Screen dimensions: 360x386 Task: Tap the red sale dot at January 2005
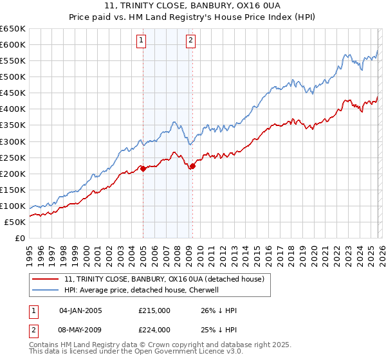click(143, 168)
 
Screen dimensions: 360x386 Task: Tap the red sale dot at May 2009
click(192, 166)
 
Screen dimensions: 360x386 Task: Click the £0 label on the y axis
click(19, 239)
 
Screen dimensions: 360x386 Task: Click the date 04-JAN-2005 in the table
click(80, 310)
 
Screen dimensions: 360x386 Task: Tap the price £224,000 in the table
click(154, 330)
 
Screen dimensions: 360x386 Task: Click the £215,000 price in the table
click(154, 310)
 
